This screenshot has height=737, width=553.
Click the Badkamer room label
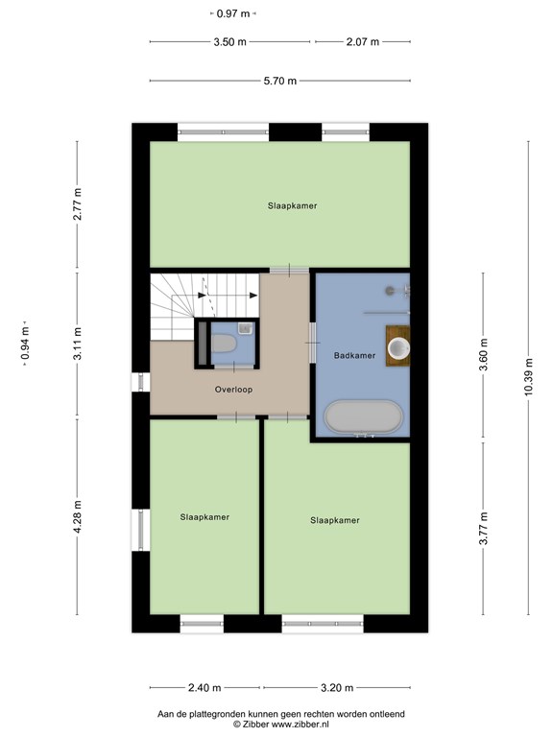(354, 355)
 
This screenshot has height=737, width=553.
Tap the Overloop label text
(233, 390)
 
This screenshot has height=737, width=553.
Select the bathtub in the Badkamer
(363, 416)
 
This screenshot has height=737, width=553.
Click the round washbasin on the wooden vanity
(398, 348)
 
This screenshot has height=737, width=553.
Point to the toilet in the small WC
(224, 344)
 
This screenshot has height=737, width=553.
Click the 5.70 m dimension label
(280, 81)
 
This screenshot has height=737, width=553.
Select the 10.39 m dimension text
(529, 377)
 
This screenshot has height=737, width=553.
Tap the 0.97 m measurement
(233, 13)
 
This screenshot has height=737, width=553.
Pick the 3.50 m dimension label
(230, 42)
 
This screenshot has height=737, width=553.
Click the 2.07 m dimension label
(363, 42)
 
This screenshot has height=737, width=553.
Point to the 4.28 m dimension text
(78, 516)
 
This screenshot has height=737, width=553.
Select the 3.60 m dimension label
(483, 354)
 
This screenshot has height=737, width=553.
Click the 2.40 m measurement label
(204, 688)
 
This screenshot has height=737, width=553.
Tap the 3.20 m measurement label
(337, 688)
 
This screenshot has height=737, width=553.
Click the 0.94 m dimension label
(25, 344)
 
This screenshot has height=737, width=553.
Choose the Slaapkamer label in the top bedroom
(293, 205)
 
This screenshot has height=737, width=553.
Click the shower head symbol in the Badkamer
(390, 291)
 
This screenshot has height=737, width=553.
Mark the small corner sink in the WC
(246, 328)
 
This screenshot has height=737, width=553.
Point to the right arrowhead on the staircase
(253, 296)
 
